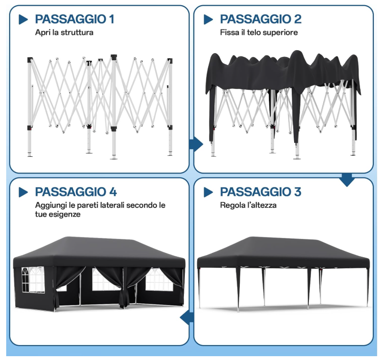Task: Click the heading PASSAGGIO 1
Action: (x=74, y=19)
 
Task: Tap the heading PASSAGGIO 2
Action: (x=261, y=19)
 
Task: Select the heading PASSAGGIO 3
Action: (x=261, y=192)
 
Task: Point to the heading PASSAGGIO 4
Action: (x=76, y=192)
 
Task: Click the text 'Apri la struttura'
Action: (x=64, y=33)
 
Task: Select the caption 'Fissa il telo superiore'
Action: (x=259, y=33)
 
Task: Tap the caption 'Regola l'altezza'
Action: (x=248, y=205)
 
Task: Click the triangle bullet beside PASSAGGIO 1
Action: (x=23, y=20)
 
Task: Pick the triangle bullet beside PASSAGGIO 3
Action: (x=208, y=192)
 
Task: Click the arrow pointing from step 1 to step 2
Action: (x=196, y=144)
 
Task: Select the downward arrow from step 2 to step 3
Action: (x=347, y=180)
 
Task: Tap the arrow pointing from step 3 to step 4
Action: (x=187, y=318)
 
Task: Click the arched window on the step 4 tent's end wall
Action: (x=33, y=280)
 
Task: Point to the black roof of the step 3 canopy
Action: (x=283, y=252)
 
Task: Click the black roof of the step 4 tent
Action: (x=99, y=251)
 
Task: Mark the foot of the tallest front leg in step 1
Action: (x=114, y=158)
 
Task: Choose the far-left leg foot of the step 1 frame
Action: (x=30, y=155)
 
